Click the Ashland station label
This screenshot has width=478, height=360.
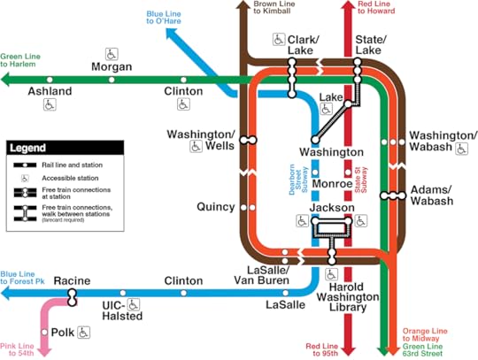(50, 90)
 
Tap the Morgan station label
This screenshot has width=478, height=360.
(112, 66)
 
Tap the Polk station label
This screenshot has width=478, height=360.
(60, 333)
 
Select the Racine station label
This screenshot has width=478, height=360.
(72, 280)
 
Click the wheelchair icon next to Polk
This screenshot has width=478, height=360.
(85, 333)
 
